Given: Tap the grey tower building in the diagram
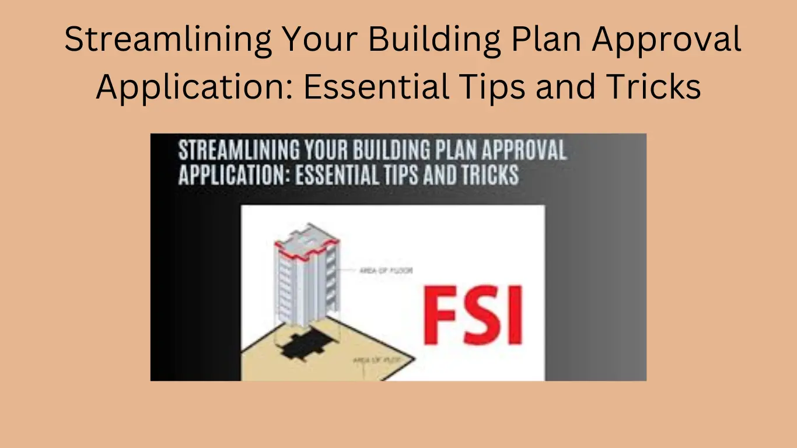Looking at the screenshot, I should pyautogui.click(x=307, y=280).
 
